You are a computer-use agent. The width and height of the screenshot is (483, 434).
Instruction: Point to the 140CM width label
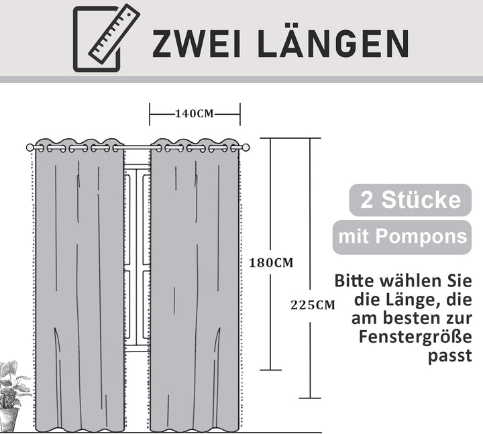(195, 113)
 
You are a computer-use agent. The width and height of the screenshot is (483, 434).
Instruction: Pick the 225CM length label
(312, 305)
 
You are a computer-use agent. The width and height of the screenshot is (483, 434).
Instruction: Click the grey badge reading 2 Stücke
(411, 200)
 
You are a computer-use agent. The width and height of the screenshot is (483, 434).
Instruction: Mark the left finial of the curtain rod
(30, 148)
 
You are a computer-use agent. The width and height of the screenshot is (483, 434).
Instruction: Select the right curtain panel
(195, 288)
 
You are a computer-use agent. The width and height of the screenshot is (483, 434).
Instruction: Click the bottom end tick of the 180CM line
(270, 370)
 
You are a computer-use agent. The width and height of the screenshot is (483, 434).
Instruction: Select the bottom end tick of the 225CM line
(310, 398)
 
